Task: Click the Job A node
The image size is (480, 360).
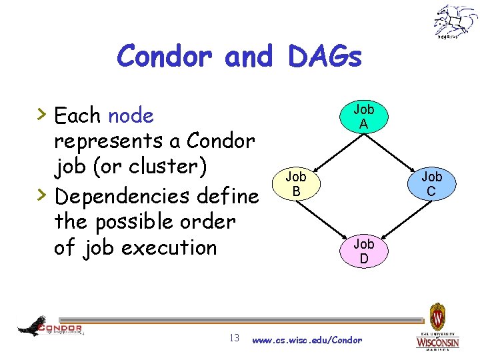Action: pos(363,116)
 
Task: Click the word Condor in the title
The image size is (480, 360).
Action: pos(167,57)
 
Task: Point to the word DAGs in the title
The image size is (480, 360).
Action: pos(325,57)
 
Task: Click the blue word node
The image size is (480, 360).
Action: pos(131,116)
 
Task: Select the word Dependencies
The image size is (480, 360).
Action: pos(122,197)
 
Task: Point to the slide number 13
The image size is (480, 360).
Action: pos(234,338)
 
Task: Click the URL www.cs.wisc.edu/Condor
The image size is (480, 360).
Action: pos(307,340)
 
